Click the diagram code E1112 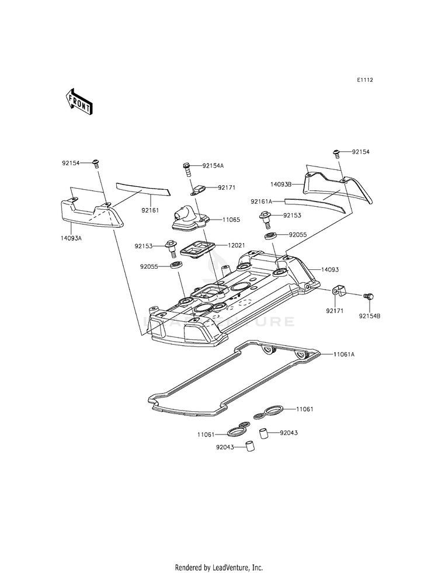tap(365, 79)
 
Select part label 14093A tap(71, 238)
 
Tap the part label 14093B tap(280, 185)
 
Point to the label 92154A tap(213, 165)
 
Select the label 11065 tap(231, 220)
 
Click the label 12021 tap(236, 245)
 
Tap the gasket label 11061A tap(344, 354)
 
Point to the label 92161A tap(262, 202)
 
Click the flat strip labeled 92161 tap(143, 189)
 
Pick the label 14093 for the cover tap(330, 270)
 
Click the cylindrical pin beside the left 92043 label tap(249, 447)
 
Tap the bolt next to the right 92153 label tap(265, 218)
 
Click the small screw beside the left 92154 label tap(96, 164)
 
